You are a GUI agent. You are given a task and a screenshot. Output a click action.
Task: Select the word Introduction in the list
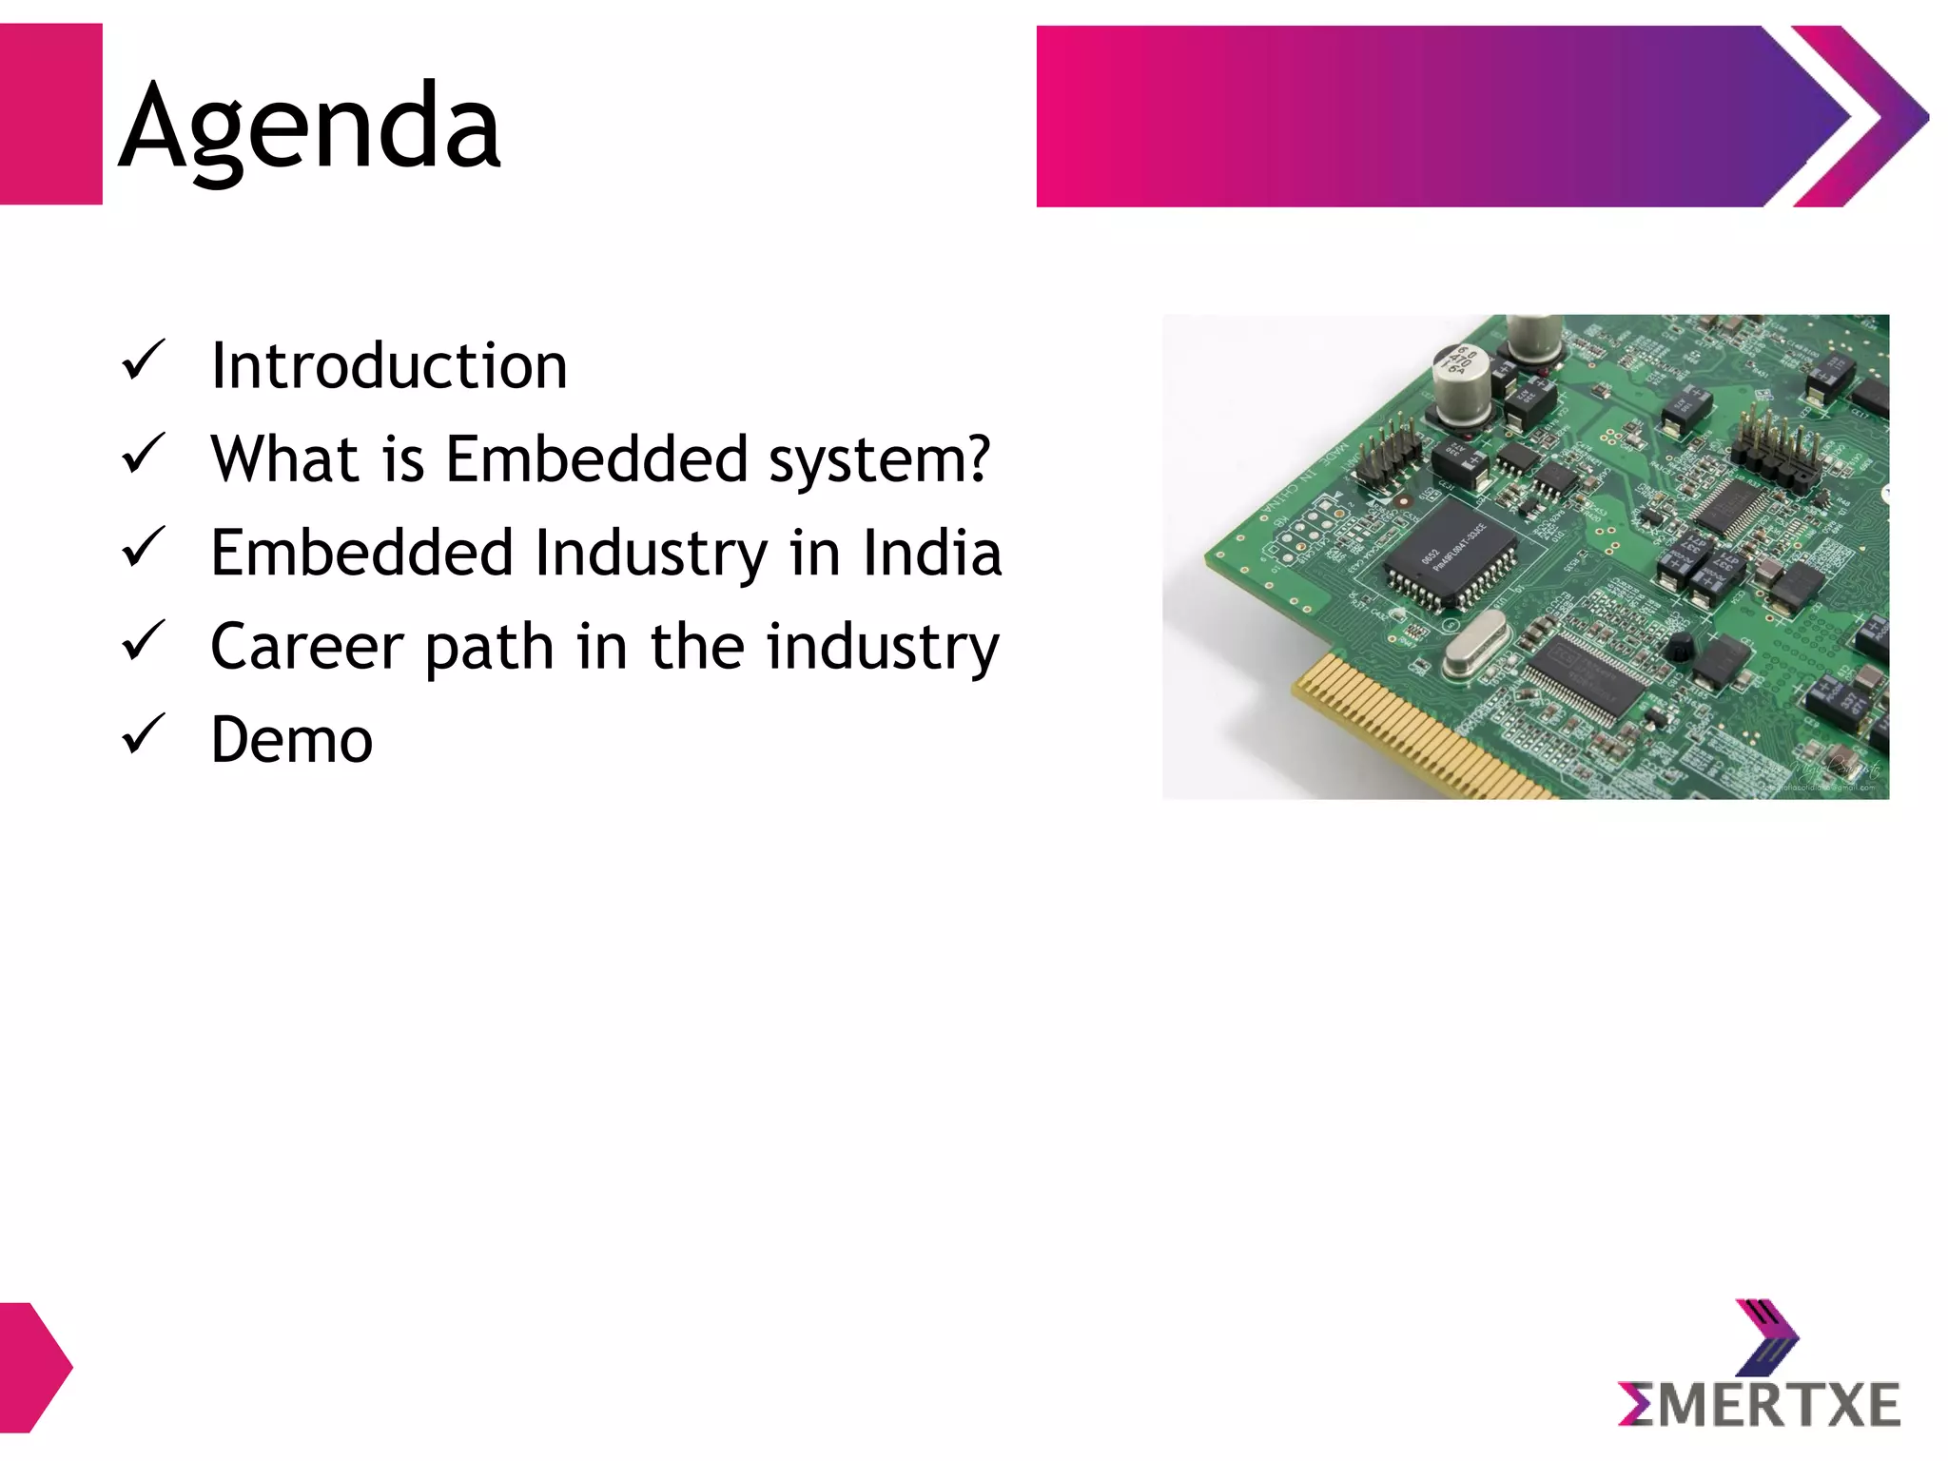[388, 366]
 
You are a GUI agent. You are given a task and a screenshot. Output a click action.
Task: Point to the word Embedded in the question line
[597, 459]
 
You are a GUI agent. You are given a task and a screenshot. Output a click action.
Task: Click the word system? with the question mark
[879, 461]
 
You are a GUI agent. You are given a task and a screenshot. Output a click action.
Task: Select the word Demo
[291, 740]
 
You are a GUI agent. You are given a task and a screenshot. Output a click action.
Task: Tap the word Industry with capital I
[651, 555]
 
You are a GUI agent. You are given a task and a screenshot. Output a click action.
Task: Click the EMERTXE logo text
[1759, 1405]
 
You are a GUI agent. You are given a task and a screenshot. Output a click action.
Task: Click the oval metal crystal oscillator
[1475, 643]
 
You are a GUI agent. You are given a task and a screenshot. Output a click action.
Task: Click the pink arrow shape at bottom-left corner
[34, 1368]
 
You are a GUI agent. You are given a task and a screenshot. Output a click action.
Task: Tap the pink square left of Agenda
[50, 114]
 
